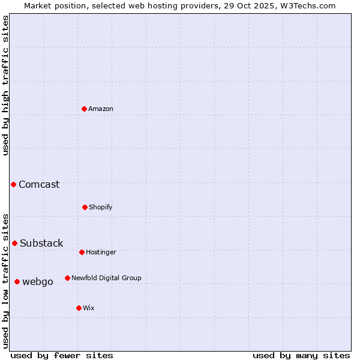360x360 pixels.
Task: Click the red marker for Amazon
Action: (84, 109)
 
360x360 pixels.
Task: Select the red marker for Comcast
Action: (13, 184)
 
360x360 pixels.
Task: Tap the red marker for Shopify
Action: (85, 207)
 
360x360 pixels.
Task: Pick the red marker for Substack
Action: (14, 243)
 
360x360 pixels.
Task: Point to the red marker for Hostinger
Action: (82, 252)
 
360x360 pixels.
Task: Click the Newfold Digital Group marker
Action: (67, 278)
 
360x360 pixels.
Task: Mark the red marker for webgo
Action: (17, 281)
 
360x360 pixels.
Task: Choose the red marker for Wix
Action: (79, 308)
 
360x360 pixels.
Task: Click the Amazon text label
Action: (101, 109)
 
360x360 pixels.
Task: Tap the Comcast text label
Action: (39, 184)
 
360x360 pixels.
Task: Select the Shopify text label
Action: (101, 207)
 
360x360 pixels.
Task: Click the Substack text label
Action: (41, 243)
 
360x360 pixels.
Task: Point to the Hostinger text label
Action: (101, 252)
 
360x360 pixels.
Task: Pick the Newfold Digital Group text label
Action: (106, 278)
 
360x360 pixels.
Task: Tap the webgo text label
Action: (38, 281)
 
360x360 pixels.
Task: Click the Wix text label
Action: (89, 308)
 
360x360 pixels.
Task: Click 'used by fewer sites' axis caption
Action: (62, 355)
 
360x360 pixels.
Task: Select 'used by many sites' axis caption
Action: (301, 355)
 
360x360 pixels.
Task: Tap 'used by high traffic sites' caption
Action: (5, 85)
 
